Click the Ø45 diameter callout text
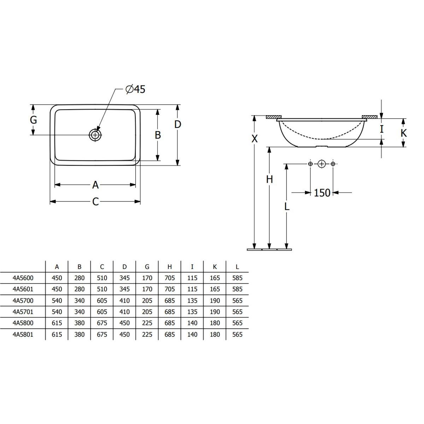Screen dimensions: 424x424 [135, 89]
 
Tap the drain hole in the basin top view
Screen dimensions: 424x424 [95, 135]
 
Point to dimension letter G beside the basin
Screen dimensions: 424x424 [34, 120]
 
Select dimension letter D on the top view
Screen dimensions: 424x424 [178, 124]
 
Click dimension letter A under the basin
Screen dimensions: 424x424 [95, 185]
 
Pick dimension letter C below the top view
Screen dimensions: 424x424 [95, 201]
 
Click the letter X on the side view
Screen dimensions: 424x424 [254, 139]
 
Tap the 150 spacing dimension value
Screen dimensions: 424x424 [322, 193]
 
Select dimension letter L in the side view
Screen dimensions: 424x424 [287, 206]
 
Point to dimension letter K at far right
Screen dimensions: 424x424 [404, 133]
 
